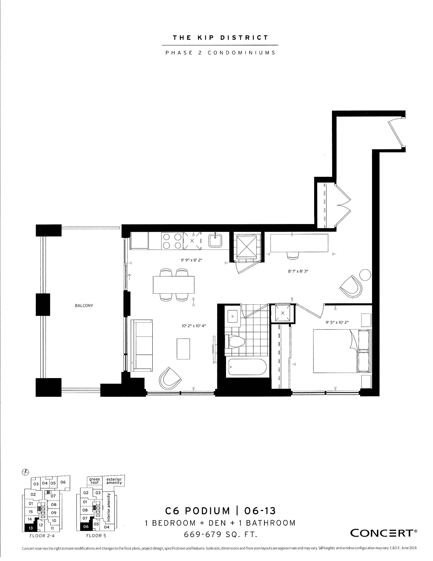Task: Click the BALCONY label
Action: (84, 306)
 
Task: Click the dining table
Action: (174, 285)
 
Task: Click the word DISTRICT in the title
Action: (245, 38)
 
